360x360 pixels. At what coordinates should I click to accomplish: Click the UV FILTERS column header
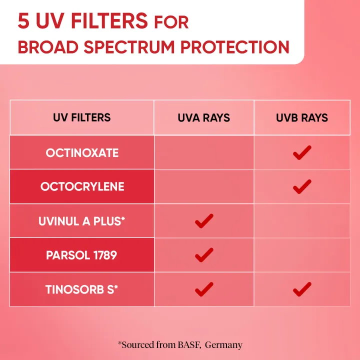81,118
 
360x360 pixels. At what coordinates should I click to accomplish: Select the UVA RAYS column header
203,118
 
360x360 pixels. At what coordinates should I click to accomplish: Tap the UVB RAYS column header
301,118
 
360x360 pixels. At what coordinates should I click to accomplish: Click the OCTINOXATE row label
82,152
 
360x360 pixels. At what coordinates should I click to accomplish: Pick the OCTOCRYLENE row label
82,186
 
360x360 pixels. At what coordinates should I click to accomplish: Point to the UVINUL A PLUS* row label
81,221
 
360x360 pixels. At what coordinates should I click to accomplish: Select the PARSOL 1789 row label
81,255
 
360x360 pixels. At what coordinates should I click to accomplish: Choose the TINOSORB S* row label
81,289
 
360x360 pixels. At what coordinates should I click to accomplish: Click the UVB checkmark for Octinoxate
302,152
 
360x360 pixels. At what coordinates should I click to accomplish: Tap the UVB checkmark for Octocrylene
302,186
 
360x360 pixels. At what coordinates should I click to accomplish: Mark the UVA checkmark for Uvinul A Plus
204,221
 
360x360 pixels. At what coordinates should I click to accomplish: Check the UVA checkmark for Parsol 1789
204,255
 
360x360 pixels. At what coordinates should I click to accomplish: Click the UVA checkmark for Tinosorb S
204,289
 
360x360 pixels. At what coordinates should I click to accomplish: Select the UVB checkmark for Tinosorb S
302,289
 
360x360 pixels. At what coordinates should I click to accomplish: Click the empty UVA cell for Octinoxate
204,152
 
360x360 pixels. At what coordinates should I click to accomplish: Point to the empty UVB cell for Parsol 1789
301,255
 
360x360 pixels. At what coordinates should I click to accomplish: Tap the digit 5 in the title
23,21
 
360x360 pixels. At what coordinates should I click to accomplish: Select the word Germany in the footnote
223,344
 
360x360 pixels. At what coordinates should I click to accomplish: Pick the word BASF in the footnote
190,344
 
